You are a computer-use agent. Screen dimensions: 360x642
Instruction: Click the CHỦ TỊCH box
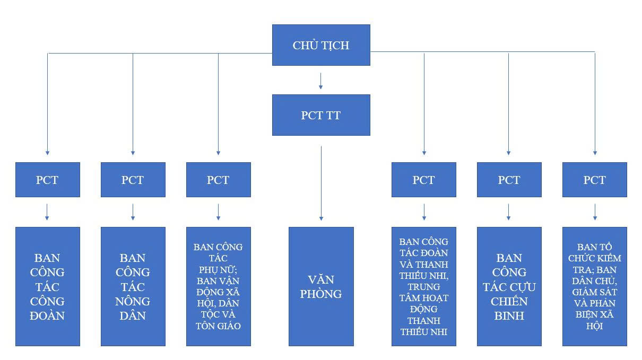tap(321, 45)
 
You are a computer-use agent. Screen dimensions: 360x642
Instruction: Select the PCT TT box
tap(321, 115)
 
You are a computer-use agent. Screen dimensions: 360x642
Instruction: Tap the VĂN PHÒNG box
tap(321, 286)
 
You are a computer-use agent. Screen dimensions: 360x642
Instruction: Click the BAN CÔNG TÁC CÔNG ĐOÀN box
tap(48, 286)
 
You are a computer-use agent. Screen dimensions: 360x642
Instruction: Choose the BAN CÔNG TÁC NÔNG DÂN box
tap(133, 286)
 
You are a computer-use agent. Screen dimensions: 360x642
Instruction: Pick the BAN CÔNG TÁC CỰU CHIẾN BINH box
tap(509, 286)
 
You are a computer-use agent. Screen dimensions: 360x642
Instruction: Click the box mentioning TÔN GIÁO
tap(218, 286)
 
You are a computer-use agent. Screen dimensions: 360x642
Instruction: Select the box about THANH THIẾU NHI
tap(424, 286)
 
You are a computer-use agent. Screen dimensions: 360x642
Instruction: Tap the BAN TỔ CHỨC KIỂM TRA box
tap(594, 286)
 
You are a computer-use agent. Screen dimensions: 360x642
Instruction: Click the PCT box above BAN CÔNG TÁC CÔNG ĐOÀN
tap(48, 180)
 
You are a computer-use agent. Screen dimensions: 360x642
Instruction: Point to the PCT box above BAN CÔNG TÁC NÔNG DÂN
tap(133, 180)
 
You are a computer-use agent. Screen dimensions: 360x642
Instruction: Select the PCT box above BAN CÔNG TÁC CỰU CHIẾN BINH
tap(509, 180)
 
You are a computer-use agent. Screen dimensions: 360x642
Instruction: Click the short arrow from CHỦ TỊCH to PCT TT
tap(321, 80)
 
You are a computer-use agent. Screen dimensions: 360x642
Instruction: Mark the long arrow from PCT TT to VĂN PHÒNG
tap(321, 183)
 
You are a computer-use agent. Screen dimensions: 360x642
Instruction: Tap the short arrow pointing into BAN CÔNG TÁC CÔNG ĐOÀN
tap(47, 212)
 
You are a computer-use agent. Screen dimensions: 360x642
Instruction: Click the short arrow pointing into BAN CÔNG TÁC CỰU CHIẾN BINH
tap(509, 212)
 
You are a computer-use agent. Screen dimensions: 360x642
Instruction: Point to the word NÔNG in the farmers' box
tap(133, 301)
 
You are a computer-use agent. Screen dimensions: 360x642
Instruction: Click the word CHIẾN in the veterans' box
tap(509, 301)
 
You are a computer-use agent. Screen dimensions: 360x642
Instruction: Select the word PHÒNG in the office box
tap(321, 294)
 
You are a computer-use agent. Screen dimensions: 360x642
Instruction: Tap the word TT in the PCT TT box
tap(333, 115)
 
